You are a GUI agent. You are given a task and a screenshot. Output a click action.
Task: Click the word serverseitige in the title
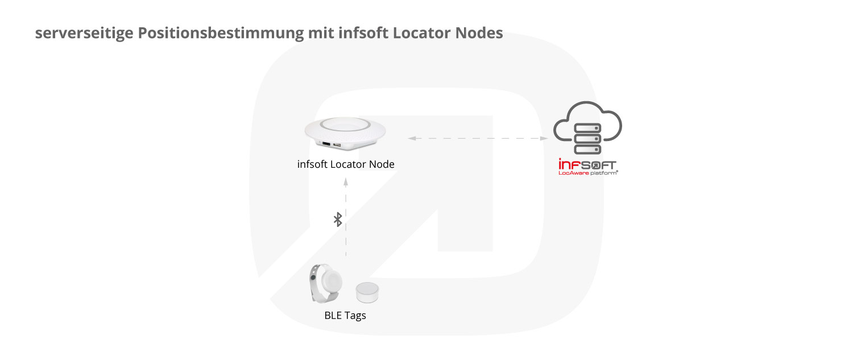(84, 34)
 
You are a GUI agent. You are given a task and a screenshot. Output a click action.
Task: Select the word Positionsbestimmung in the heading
(221, 34)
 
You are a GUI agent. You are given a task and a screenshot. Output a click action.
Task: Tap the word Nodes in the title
(479, 33)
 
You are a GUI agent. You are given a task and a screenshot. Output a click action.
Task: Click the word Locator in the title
(422, 33)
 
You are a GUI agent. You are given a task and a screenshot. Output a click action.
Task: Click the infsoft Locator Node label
(346, 164)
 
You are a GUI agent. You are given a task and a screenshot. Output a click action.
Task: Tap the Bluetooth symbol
(338, 220)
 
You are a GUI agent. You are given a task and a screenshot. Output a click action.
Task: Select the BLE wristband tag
(325, 283)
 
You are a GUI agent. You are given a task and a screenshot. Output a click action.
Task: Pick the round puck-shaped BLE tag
(367, 292)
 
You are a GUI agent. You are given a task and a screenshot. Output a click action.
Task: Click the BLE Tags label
(345, 316)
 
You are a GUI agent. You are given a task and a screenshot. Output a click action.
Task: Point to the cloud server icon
(587, 127)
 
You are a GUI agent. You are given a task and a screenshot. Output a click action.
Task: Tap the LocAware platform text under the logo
(588, 173)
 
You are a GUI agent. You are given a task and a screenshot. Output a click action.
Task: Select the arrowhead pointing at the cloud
(544, 138)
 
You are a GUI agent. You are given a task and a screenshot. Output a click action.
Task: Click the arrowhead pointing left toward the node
(412, 138)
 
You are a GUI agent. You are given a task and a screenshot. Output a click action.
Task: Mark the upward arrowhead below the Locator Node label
(346, 182)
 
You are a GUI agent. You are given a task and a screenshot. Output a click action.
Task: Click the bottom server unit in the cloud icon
(587, 150)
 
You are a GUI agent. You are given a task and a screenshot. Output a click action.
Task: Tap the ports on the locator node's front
(332, 144)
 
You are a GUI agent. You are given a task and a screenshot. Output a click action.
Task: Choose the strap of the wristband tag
(315, 283)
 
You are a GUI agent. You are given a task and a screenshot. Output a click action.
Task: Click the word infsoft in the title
(363, 33)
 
